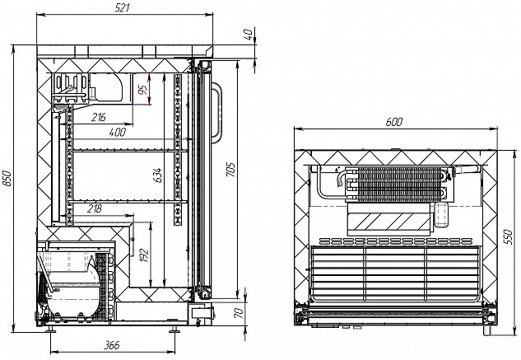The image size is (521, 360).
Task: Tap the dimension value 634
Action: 158,175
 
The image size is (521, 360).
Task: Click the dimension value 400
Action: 117,133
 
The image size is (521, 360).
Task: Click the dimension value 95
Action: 142,89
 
